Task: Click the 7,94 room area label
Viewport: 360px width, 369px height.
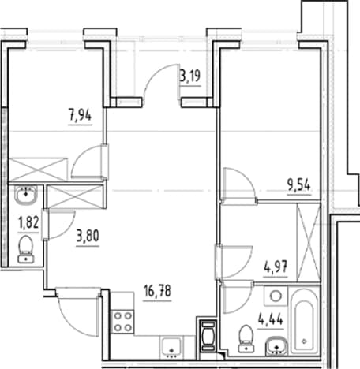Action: pyautogui.click(x=81, y=116)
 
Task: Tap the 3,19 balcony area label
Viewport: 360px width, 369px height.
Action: pyautogui.click(x=190, y=76)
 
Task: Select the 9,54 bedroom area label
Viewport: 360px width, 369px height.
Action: pyautogui.click(x=299, y=185)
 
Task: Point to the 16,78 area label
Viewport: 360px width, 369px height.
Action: pyautogui.click(x=157, y=291)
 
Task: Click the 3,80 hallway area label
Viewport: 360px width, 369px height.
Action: pyautogui.click(x=88, y=236)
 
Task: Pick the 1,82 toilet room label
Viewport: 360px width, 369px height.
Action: pyautogui.click(x=28, y=223)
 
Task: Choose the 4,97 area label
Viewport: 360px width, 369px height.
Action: pyautogui.click(x=276, y=267)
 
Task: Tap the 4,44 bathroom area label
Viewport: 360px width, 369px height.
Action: pyautogui.click(x=271, y=319)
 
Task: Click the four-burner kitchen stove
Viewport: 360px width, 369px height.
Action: pyautogui.click(x=122, y=322)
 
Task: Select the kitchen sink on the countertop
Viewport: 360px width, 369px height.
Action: pyautogui.click(x=171, y=347)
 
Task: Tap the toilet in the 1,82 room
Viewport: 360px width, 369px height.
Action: pyautogui.click(x=26, y=249)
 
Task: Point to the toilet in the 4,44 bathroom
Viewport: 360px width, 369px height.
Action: pyautogui.click(x=246, y=339)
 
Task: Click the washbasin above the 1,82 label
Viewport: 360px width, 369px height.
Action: pyautogui.click(x=26, y=195)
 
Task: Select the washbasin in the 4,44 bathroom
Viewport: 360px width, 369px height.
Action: pyautogui.click(x=276, y=345)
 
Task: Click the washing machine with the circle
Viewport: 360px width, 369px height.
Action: pyautogui.click(x=276, y=296)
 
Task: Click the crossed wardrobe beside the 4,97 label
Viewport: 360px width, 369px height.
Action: pyautogui.click(x=309, y=242)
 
